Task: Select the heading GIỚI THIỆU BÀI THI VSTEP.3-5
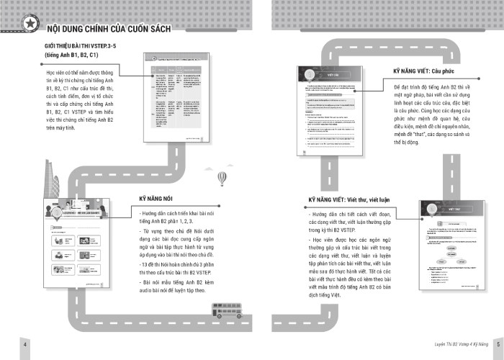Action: pos(86,45)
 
